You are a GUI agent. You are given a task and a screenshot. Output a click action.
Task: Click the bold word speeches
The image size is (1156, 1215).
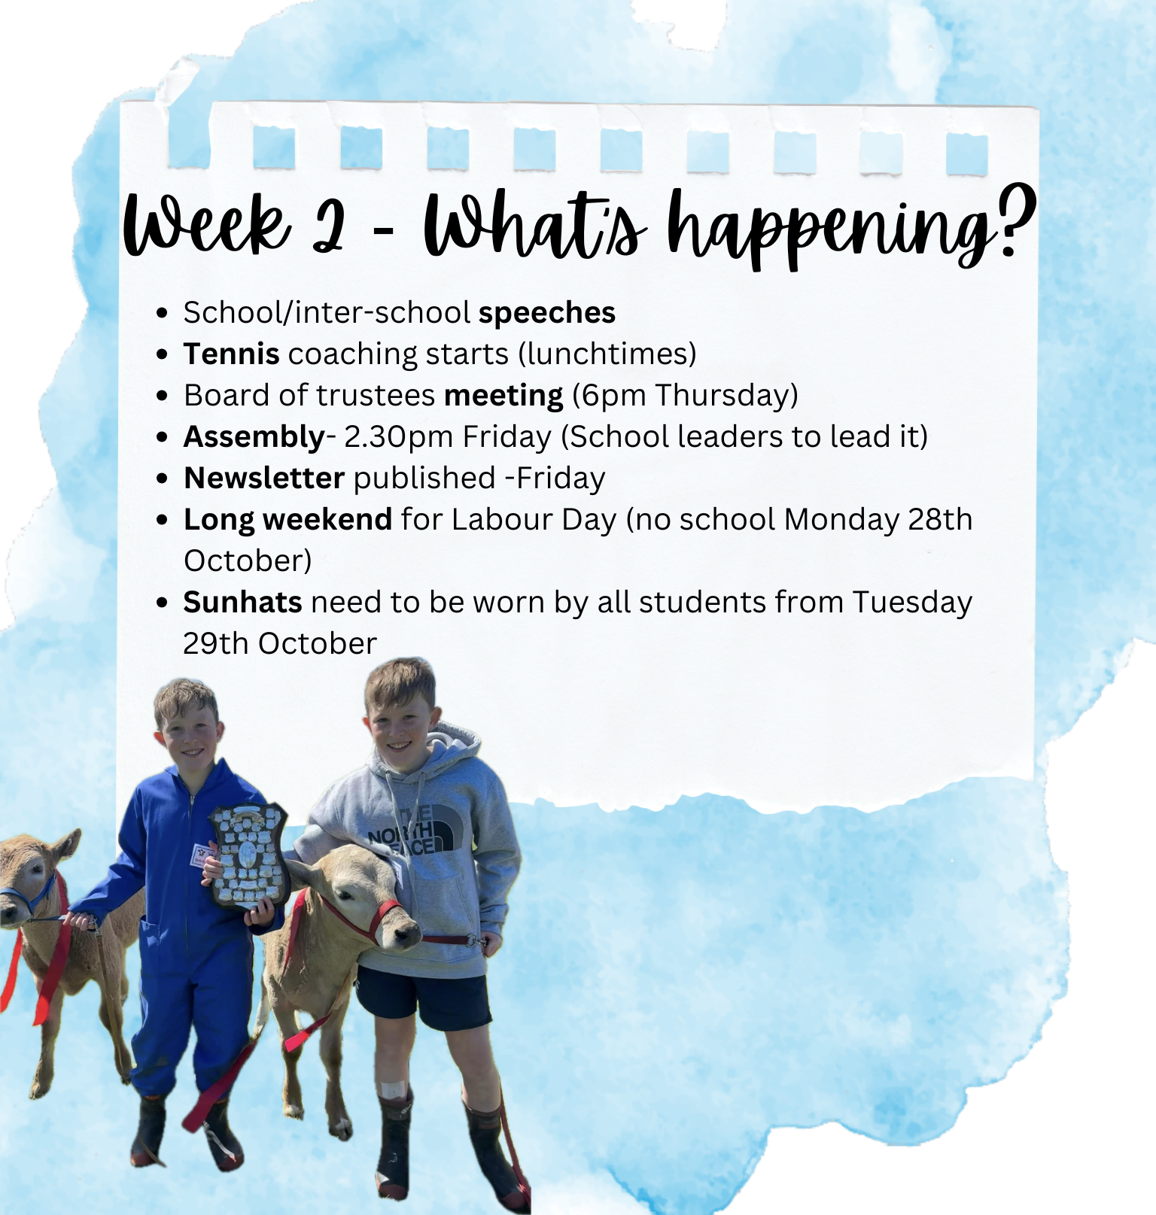[547, 313]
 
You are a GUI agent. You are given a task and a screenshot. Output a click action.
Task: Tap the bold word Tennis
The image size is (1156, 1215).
[232, 354]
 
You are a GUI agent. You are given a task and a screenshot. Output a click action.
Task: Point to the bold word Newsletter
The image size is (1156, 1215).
[264, 478]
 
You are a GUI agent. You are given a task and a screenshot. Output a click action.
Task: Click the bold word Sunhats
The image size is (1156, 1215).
[242, 603]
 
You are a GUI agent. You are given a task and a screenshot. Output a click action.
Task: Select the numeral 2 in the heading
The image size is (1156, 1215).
[329, 223]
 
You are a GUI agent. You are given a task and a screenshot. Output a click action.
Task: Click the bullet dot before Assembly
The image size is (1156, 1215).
[162, 437]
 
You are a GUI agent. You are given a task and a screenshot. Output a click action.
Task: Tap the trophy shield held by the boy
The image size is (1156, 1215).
[249, 856]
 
